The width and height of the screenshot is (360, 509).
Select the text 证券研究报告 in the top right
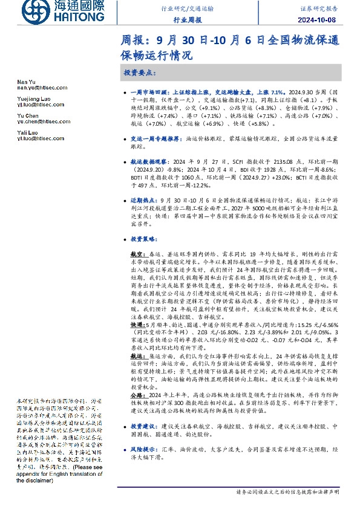[333, 9]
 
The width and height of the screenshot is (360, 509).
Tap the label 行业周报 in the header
[188, 21]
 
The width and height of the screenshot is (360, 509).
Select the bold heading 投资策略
[143, 239]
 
